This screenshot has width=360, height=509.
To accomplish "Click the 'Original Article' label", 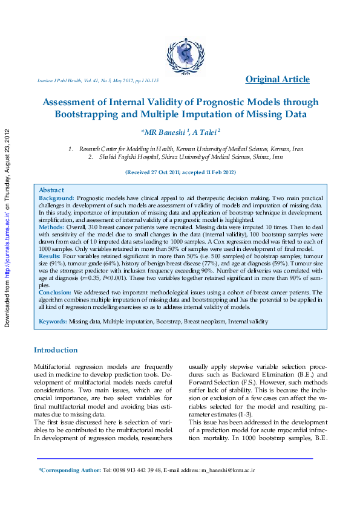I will click(x=277, y=79).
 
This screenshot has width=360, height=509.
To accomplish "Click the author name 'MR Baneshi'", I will click(x=165, y=132).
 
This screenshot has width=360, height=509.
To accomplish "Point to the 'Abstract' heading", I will click(x=51, y=190).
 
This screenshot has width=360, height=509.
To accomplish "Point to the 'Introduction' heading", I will click(x=56, y=350).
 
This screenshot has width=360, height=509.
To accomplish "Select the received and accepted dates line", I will click(x=180, y=172).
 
